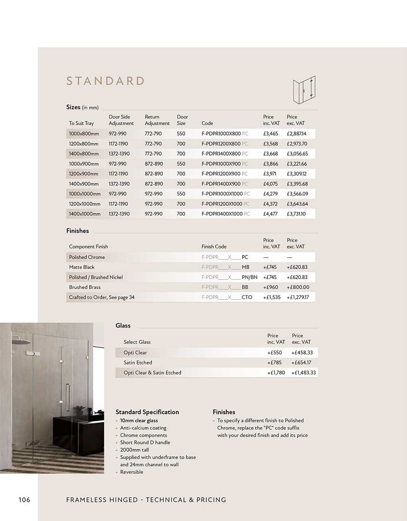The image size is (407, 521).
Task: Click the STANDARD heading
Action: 105,81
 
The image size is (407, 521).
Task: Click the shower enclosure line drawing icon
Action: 304,89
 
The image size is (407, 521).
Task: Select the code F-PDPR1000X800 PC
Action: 225,134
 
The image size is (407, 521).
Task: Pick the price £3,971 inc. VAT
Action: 270,174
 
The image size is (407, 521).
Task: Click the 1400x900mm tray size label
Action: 84,184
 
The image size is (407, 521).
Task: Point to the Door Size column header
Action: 182,120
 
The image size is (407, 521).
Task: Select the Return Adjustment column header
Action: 157,120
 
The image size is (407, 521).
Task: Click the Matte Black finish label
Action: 82,267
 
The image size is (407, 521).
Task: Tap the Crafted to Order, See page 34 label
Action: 102,297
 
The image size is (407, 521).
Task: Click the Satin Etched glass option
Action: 138,363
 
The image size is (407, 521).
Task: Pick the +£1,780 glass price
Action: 276,373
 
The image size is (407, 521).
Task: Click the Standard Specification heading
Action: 147,412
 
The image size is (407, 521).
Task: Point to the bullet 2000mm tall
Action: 134,450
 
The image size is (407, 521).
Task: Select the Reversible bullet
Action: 131,472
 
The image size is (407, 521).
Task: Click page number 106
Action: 24,500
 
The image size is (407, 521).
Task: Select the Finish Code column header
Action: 214,246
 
